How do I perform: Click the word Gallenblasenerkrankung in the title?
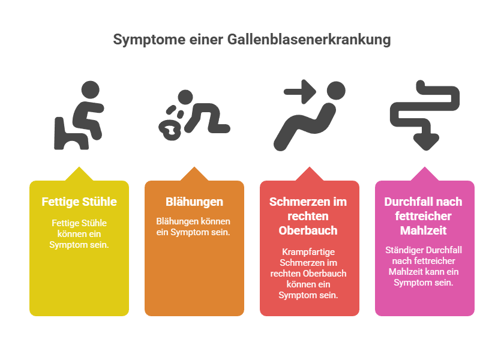309,40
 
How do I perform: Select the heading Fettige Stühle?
79,202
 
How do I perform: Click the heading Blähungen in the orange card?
194,202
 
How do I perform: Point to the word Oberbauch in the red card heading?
308,230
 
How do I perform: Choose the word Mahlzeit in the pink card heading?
424,230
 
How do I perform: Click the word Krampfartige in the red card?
308,251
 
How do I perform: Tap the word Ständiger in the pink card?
401,250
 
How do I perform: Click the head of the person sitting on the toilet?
91,89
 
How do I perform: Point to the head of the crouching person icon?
185,97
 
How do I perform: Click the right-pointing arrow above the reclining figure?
300,92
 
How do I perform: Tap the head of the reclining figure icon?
336,91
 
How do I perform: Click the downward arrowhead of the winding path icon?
426,142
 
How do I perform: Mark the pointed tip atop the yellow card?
79,167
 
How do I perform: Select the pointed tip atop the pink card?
425,167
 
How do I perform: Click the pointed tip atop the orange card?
194,167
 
